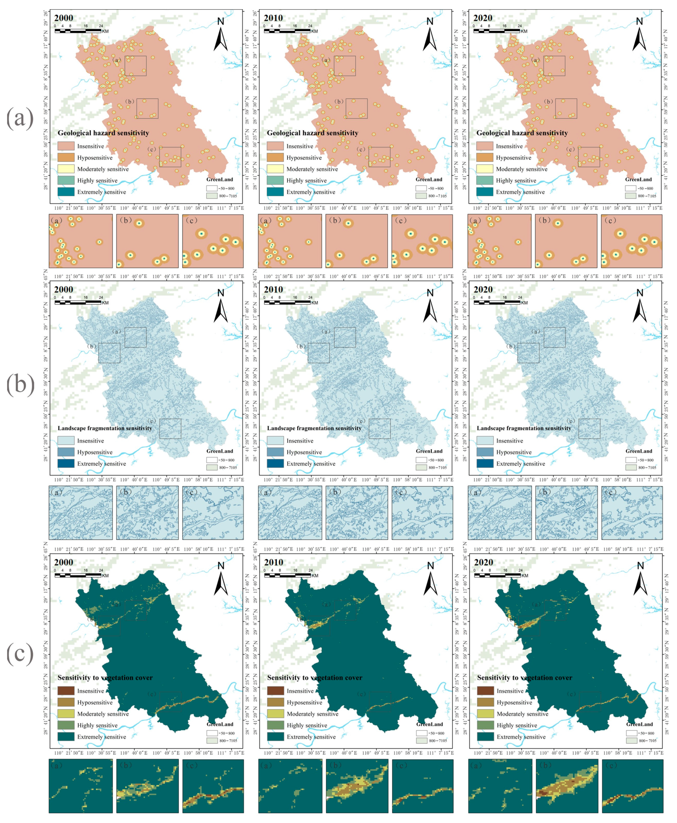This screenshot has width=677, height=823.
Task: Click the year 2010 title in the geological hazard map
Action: (x=273, y=18)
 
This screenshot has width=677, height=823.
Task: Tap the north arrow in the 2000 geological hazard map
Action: (x=220, y=35)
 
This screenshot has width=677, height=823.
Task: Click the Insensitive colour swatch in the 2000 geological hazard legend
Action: (x=66, y=146)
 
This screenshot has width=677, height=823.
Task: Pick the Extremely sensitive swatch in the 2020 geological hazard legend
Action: (x=484, y=192)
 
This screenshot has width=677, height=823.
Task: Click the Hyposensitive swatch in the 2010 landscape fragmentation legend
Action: (x=275, y=452)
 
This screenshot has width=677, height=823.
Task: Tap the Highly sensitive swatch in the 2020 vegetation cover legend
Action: (x=485, y=725)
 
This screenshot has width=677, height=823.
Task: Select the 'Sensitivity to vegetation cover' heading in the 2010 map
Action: (x=314, y=678)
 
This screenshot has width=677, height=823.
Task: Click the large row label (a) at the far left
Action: (x=20, y=118)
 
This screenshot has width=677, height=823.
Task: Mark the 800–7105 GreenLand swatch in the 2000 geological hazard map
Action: (x=212, y=196)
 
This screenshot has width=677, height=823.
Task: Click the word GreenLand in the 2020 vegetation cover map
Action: (x=639, y=724)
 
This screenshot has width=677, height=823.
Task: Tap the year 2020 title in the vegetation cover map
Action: (x=483, y=562)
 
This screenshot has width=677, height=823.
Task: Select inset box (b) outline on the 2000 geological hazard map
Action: (x=147, y=108)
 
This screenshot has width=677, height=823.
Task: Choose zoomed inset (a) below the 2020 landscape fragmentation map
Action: (x=499, y=513)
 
